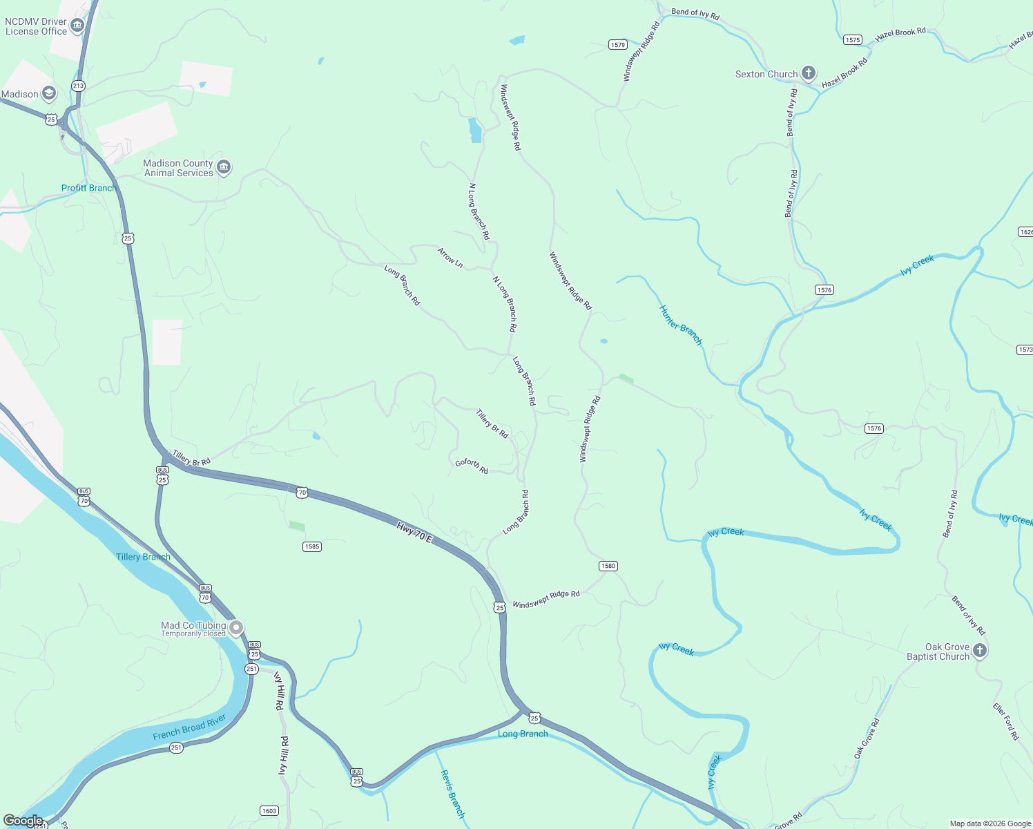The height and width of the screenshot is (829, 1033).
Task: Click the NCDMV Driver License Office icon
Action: tap(77, 26)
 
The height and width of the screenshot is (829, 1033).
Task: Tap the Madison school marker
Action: tap(48, 93)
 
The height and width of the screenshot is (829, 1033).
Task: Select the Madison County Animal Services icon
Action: tap(223, 168)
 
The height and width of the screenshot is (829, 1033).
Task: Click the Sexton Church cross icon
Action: tap(809, 73)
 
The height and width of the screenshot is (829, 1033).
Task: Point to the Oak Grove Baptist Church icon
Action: tap(979, 651)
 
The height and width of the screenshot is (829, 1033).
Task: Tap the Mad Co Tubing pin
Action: tap(236, 628)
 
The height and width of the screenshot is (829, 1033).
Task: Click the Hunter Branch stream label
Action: tap(680, 325)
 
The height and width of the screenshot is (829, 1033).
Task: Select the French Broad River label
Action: tap(189, 727)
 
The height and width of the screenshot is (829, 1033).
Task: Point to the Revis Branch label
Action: tap(452, 794)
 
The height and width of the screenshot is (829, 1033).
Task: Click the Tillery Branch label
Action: tap(143, 557)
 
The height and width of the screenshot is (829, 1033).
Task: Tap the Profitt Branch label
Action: tap(88, 188)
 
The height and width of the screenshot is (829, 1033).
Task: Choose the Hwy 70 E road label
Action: tap(414, 531)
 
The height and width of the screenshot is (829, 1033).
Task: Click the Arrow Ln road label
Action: tap(450, 258)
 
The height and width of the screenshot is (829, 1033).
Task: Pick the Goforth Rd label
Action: tap(472, 466)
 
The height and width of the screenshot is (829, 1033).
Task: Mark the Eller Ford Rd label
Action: tap(1005, 722)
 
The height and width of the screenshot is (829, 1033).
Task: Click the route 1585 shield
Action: tap(312, 546)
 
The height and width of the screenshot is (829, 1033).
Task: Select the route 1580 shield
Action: tap(608, 566)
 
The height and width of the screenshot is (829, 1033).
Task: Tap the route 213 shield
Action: tap(78, 86)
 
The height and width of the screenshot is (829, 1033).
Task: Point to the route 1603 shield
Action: tap(269, 810)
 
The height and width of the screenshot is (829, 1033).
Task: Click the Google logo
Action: tap(23, 820)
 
